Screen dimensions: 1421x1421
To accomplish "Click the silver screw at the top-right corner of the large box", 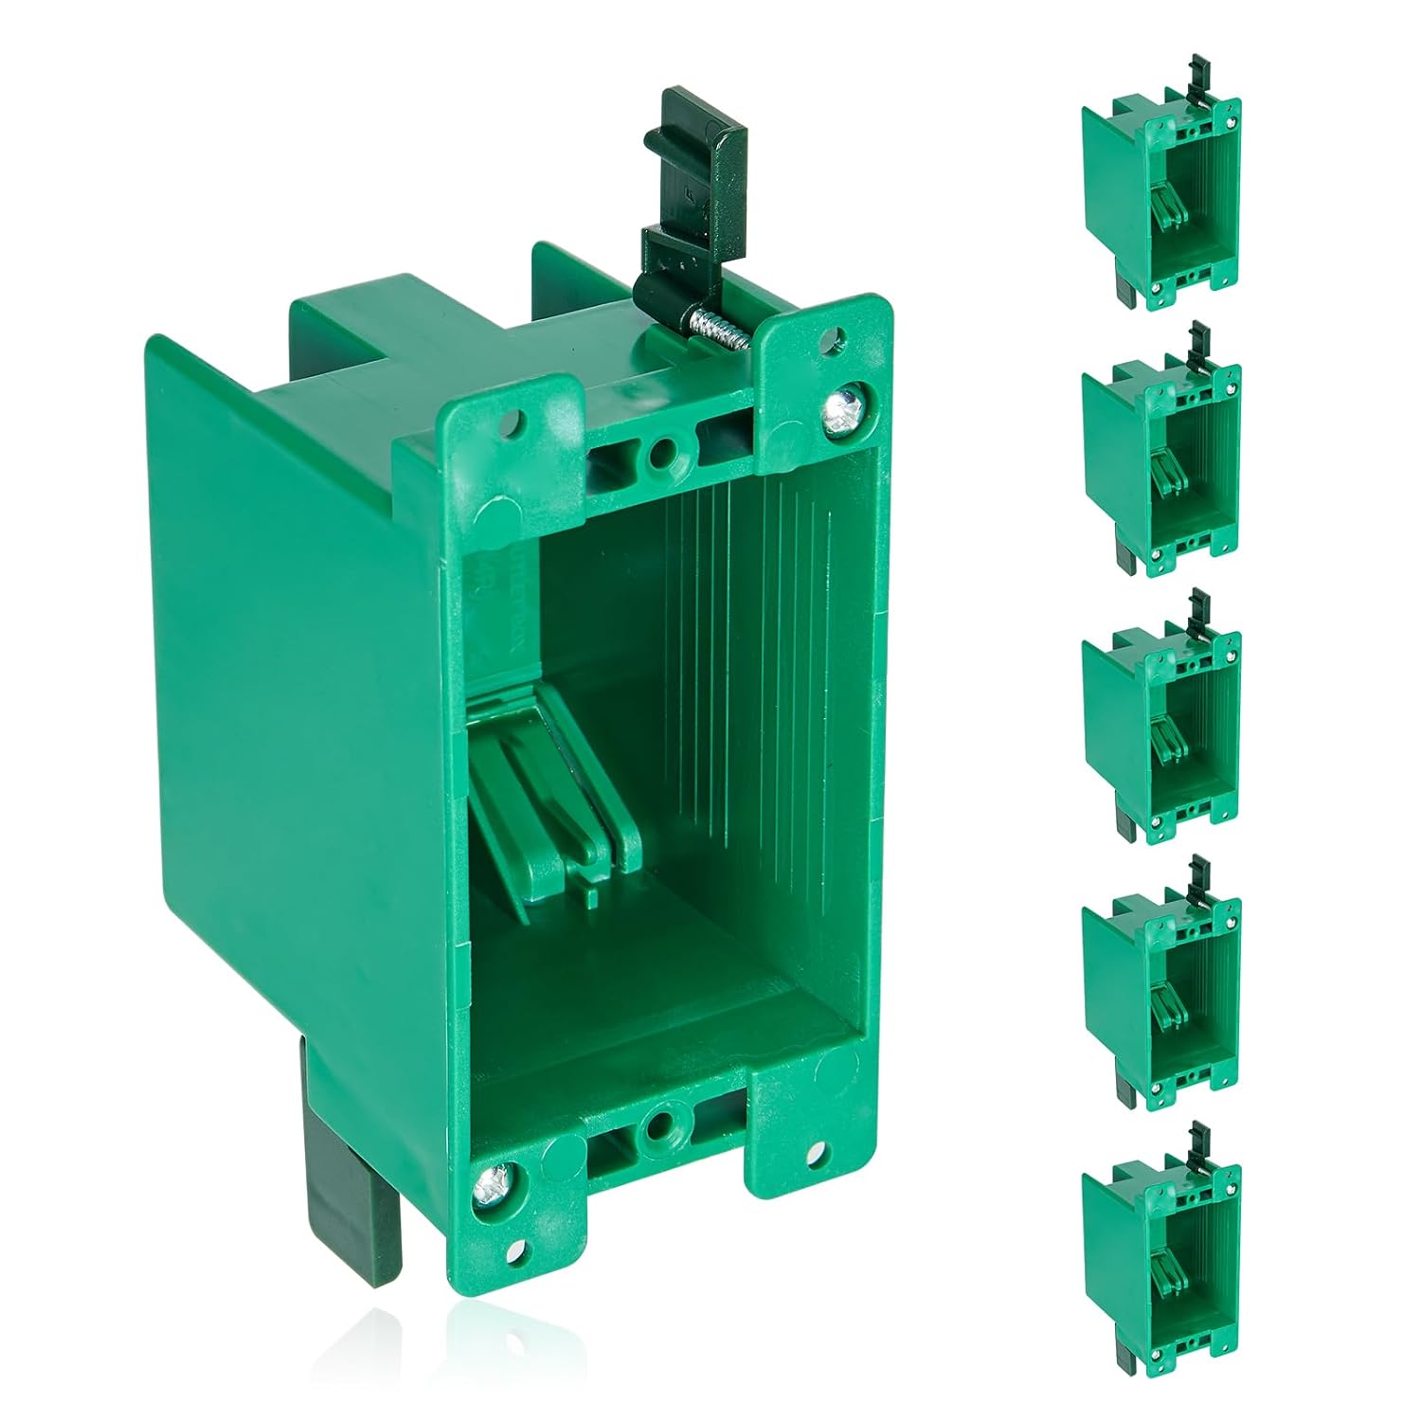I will pyautogui.click(x=837, y=409).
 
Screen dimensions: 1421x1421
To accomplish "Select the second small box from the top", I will pyautogui.click(x=1161, y=455).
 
